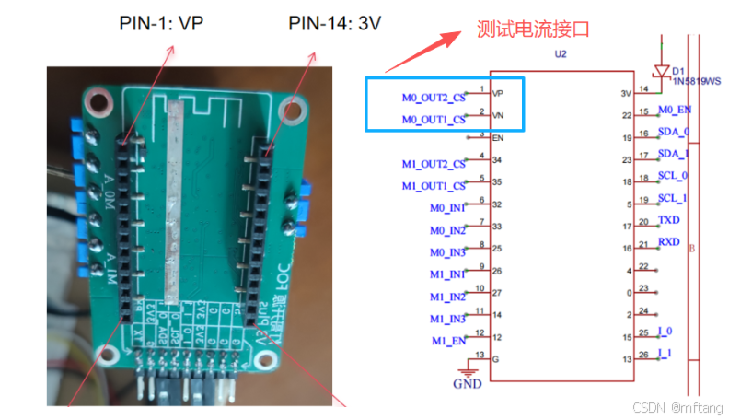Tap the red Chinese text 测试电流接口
pyautogui.click(x=533, y=29)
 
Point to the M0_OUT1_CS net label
pyautogui.click(x=434, y=120)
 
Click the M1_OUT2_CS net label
pyautogui.click(x=434, y=164)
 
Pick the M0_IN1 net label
pyautogui.click(x=447, y=208)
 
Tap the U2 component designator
pyautogui.click(x=561, y=55)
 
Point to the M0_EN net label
pyautogui.click(x=675, y=111)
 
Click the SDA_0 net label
pyautogui.click(x=674, y=133)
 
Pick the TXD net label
pyautogui.click(x=669, y=221)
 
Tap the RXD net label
pyautogui.click(x=669, y=242)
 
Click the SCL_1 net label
pyautogui.click(x=674, y=198)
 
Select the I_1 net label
pyautogui.click(x=665, y=353)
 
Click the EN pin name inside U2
pyautogui.click(x=498, y=138)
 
